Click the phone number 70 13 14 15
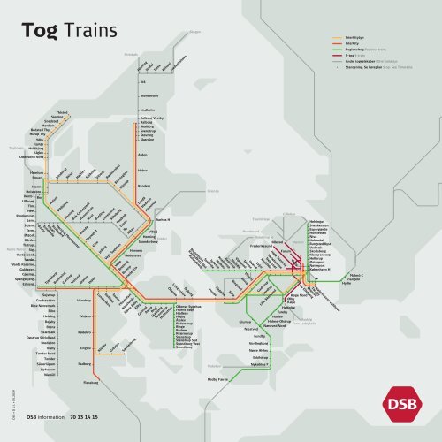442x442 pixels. click(x=81, y=416)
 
